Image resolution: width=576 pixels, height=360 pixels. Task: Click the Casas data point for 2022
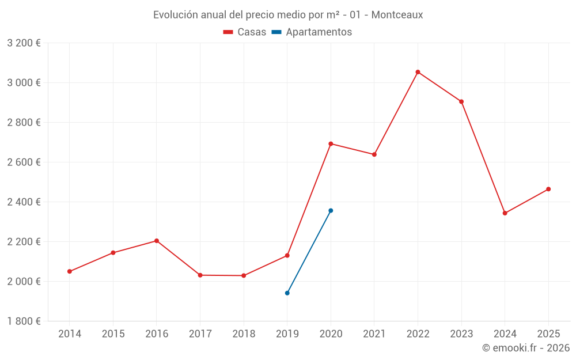point(418,72)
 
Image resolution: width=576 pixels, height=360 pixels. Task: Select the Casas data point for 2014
point(70,271)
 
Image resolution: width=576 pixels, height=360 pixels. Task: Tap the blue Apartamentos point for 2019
point(287,293)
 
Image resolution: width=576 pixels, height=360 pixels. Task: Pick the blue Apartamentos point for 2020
point(331,211)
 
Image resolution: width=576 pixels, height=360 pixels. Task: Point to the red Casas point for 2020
point(331,143)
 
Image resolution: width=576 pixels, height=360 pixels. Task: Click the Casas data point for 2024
point(505,213)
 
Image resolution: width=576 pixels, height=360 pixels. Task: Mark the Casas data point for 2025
point(548,189)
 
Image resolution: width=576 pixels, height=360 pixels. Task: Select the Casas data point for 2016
point(157,241)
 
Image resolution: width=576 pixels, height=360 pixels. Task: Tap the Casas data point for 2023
point(461,101)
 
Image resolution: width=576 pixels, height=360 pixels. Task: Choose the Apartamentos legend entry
point(319,32)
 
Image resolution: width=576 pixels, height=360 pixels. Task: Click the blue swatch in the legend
point(276,32)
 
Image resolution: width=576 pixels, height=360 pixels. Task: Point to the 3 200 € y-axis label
point(24,43)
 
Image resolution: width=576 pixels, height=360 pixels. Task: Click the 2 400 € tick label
point(24,202)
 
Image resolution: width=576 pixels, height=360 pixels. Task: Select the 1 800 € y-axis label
point(24,321)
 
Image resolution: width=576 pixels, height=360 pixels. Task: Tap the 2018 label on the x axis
point(244,334)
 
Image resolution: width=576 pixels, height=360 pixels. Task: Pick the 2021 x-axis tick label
point(374,334)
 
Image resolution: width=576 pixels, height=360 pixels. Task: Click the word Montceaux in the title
point(397,15)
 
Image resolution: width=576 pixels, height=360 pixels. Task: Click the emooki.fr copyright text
point(526,348)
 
